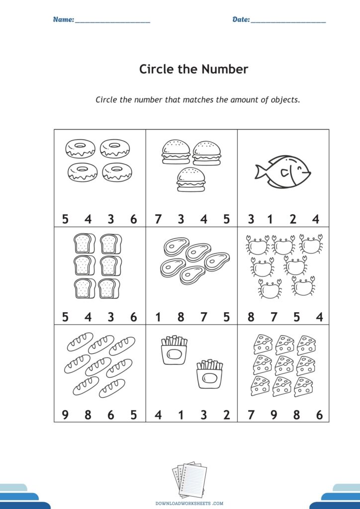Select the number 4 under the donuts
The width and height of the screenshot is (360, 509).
pyautogui.click(x=88, y=219)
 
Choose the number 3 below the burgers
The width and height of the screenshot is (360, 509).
pyautogui.click(x=181, y=219)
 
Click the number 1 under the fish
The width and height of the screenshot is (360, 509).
pyautogui.click(x=270, y=219)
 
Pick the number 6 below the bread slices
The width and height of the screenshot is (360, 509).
pyautogui.click(x=133, y=317)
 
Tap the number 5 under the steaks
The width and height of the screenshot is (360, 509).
pyautogui.click(x=227, y=317)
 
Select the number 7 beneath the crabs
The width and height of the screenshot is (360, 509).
pyautogui.click(x=274, y=317)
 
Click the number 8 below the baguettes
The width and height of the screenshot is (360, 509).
pyautogui.click(x=88, y=415)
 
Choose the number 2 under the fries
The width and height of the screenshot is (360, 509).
pyautogui.click(x=227, y=415)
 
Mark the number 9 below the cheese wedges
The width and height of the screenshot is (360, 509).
pyautogui.click(x=274, y=415)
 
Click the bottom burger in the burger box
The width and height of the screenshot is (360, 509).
pyautogui.click(x=191, y=179)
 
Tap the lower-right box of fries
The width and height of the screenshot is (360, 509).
pyautogui.click(x=210, y=374)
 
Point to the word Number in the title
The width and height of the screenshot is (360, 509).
pyautogui.click(x=225, y=69)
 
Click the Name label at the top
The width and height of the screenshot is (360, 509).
pyautogui.click(x=64, y=19)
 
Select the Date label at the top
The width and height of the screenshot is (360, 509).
pyautogui.click(x=241, y=19)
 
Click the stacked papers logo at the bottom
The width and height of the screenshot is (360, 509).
pyautogui.click(x=189, y=479)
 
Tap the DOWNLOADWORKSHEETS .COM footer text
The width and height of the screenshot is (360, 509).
pyautogui.click(x=189, y=503)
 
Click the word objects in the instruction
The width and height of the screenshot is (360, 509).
pyautogui.click(x=285, y=100)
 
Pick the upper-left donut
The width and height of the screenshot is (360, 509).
pyautogui.click(x=80, y=149)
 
